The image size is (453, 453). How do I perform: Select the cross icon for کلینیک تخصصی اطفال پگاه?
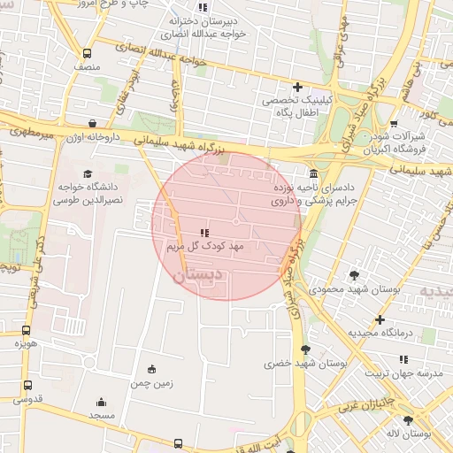tap(297, 87)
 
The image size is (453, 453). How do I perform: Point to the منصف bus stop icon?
tap(86, 53)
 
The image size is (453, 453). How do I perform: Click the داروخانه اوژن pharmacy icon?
tap(93, 124)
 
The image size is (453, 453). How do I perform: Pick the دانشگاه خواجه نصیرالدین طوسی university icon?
tap(87, 173)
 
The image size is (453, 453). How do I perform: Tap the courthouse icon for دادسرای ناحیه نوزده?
tap(314, 173)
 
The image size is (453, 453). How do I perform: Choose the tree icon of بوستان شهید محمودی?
tap(355, 275)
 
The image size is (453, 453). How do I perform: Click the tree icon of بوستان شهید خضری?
tap(305, 349)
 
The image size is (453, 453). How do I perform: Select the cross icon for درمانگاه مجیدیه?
tap(380, 319)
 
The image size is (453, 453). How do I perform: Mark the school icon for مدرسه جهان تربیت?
tap(403, 359)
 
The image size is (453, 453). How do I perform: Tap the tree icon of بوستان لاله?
tap(408, 421)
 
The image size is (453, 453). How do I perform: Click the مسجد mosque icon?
tap(101, 401)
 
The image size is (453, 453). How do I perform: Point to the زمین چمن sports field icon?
tap(151, 369)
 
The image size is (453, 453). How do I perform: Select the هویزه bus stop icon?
tap(26, 330)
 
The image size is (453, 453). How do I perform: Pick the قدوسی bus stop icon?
tap(27, 386)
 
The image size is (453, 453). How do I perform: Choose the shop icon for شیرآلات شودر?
tap(394, 124)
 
